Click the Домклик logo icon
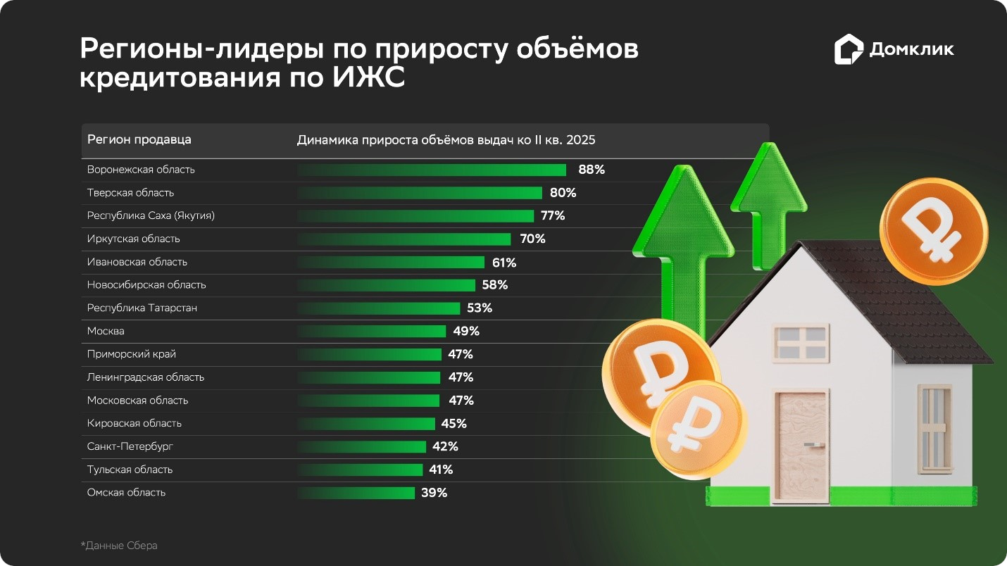(849, 50)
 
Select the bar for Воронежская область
(432, 170)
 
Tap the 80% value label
(563, 193)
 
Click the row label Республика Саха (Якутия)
(151, 215)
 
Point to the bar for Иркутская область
(404, 239)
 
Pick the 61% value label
(504, 263)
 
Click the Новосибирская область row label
(146, 284)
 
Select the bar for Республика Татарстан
(378, 308)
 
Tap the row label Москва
(106, 331)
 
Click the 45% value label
(454, 424)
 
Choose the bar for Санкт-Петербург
(361, 446)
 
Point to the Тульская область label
(130, 470)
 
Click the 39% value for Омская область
(434, 493)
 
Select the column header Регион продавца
(139, 139)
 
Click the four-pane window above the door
(800, 341)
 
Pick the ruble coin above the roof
(933, 230)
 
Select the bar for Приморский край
(369, 354)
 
